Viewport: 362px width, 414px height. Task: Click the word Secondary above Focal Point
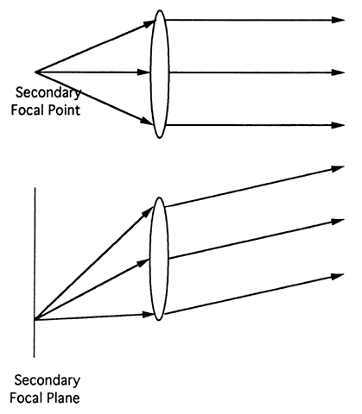pyautogui.click(x=48, y=93)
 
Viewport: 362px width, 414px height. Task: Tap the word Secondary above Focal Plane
pyautogui.click(x=48, y=380)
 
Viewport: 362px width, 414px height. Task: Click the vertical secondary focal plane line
pyautogui.click(x=35, y=273)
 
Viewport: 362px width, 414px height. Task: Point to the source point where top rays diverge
pyautogui.click(x=35, y=72)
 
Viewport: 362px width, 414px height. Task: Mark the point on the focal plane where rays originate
pyautogui.click(x=35, y=319)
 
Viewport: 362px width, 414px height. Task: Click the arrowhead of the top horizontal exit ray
pyautogui.click(x=338, y=20)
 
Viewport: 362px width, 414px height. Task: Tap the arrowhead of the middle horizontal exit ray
pyautogui.click(x=338, y=72)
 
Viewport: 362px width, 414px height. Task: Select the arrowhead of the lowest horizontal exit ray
pyautogui.click(x=338, y=125)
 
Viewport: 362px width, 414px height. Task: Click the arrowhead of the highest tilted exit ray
pyautogui.click(x=338, y=168)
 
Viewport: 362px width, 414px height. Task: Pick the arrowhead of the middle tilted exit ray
pyautogui.click(x=338, y=222)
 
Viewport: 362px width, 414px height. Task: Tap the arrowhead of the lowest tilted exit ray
pyautogui.click(x=338, y=276)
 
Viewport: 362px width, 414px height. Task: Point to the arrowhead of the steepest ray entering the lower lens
pyautogui.click(x=148, y=212)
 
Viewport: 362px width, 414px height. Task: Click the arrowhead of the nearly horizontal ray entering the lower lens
pyautogui.click(x=149, y=315)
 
